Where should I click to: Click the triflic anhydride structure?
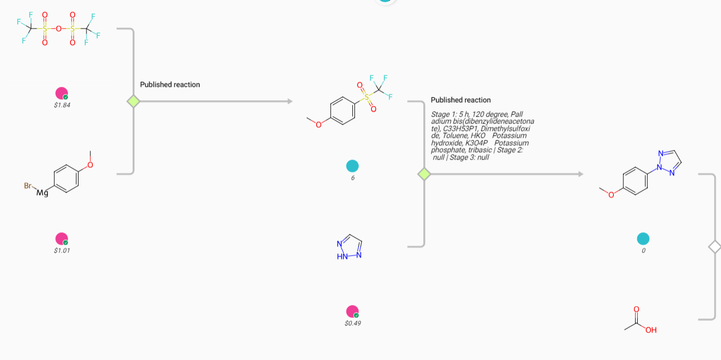pyautogui.click(x=58, y=29)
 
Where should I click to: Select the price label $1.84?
pyautogui.click(x=62, y=105)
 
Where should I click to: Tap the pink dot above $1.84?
pyautogui.click(x=62, y=93)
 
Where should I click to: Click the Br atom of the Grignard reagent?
pyautogui.click(x=28, y=186)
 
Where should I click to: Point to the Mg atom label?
pyautogui.click(x=42, y=192)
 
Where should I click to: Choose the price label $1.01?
pyautogui.click(x=62, y=251)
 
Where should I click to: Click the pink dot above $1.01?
pyautogui.click(x=62, y=239)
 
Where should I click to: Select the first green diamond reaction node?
pyautogui.click(x=133, y=101)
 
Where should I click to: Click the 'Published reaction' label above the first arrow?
pyautogui.click(x=170, y=85)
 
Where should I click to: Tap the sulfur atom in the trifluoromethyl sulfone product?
pyautogui.click(x=366, y=97)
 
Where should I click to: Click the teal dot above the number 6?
pyautogui.click(x=352, y=166)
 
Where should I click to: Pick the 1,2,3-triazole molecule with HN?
pyautogui.click(x=349, y=247)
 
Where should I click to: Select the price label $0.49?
pyautogui.click(x=353, y=323)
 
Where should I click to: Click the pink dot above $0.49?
pyautogui.click(x=352, y=311)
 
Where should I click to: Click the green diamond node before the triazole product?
pyautogui.click(x=424, y=174)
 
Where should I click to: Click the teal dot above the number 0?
pyautogui.click(x=643, y=239)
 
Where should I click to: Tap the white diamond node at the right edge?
pyautogui.click(x=715, y=247)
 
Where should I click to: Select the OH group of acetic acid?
pyautogui.click(x=651, y=330)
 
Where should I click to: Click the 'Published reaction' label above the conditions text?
pyautogui.click(x=461, y=100)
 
